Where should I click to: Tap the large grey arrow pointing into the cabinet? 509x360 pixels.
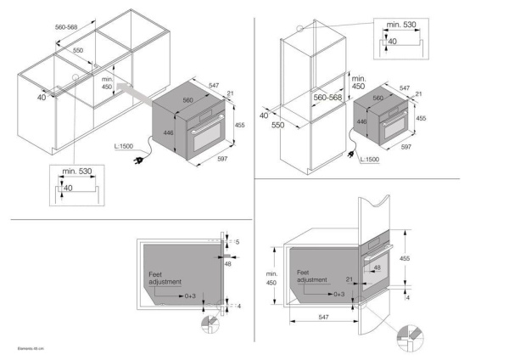(131, 87)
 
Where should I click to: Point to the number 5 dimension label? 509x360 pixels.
(238, 242)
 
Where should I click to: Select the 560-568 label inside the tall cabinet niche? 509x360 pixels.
(327, 98)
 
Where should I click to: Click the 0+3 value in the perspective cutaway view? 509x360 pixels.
(338, 293)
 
